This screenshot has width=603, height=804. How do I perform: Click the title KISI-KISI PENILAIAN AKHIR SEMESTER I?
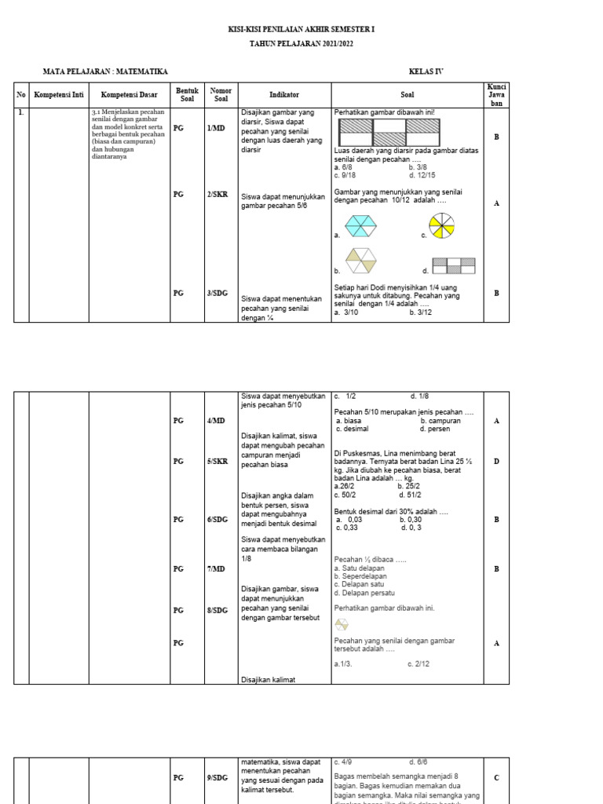coord(301,29)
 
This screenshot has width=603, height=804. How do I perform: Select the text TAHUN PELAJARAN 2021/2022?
coord(301,44)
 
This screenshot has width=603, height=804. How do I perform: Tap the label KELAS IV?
coord(426,71)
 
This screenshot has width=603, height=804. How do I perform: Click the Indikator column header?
coord(284,93)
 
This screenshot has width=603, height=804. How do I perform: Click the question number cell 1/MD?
coord(217,127)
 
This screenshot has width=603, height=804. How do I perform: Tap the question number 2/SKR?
coord(217,195)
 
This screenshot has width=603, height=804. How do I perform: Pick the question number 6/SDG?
coord(217,519)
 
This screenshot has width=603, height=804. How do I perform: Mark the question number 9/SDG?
coord(217,778)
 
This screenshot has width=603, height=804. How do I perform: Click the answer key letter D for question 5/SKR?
coord(496,462)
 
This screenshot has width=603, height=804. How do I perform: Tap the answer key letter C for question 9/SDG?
coord(496,778)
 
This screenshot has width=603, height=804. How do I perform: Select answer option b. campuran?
coord(440,421)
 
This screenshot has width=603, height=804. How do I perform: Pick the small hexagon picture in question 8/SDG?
coord(340,625)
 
